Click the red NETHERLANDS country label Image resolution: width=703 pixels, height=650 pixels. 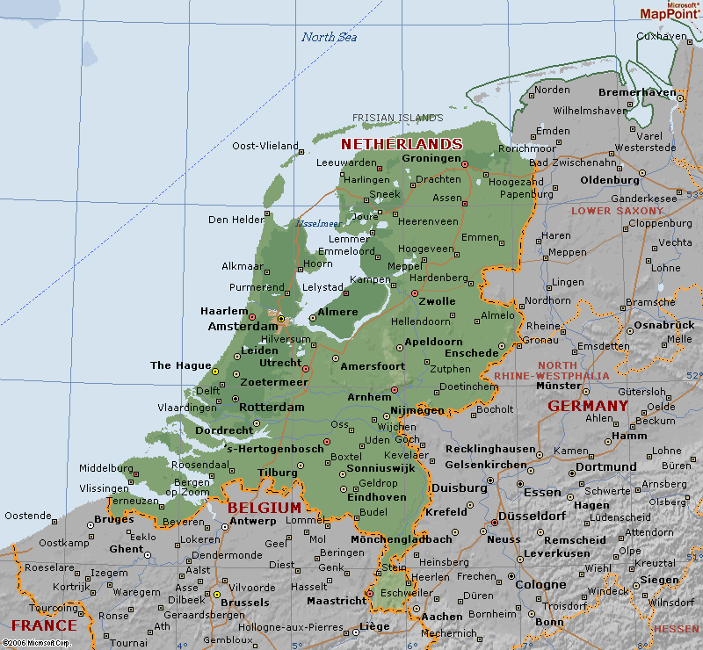pos(402,143)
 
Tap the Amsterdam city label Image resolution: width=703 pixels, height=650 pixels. pos(243,326)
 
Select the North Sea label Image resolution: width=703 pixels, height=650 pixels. pos(330,37)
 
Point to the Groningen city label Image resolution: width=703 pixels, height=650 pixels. pos(431,158)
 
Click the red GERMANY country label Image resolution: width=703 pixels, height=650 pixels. pos(588,406)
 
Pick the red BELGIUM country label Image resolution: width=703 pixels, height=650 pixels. pos(264,508)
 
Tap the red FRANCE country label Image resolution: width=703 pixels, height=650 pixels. pos(44,625)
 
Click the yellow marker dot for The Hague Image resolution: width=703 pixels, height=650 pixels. pos(216,372)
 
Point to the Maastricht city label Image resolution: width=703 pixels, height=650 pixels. pos(336,601)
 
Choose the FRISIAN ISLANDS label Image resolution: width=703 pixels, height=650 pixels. pos(398,118)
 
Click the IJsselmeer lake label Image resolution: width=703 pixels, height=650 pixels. pos(317,223)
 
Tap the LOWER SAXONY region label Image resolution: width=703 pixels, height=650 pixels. pos(618,211)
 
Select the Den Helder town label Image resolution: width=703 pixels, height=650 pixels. pos(236,220)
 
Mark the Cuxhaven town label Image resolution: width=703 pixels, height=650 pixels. pos(660,36)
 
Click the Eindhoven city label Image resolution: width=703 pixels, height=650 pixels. pos(377,496)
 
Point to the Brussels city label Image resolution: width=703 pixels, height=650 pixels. pos(245,603)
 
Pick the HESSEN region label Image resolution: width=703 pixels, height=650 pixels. pos(677,629)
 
